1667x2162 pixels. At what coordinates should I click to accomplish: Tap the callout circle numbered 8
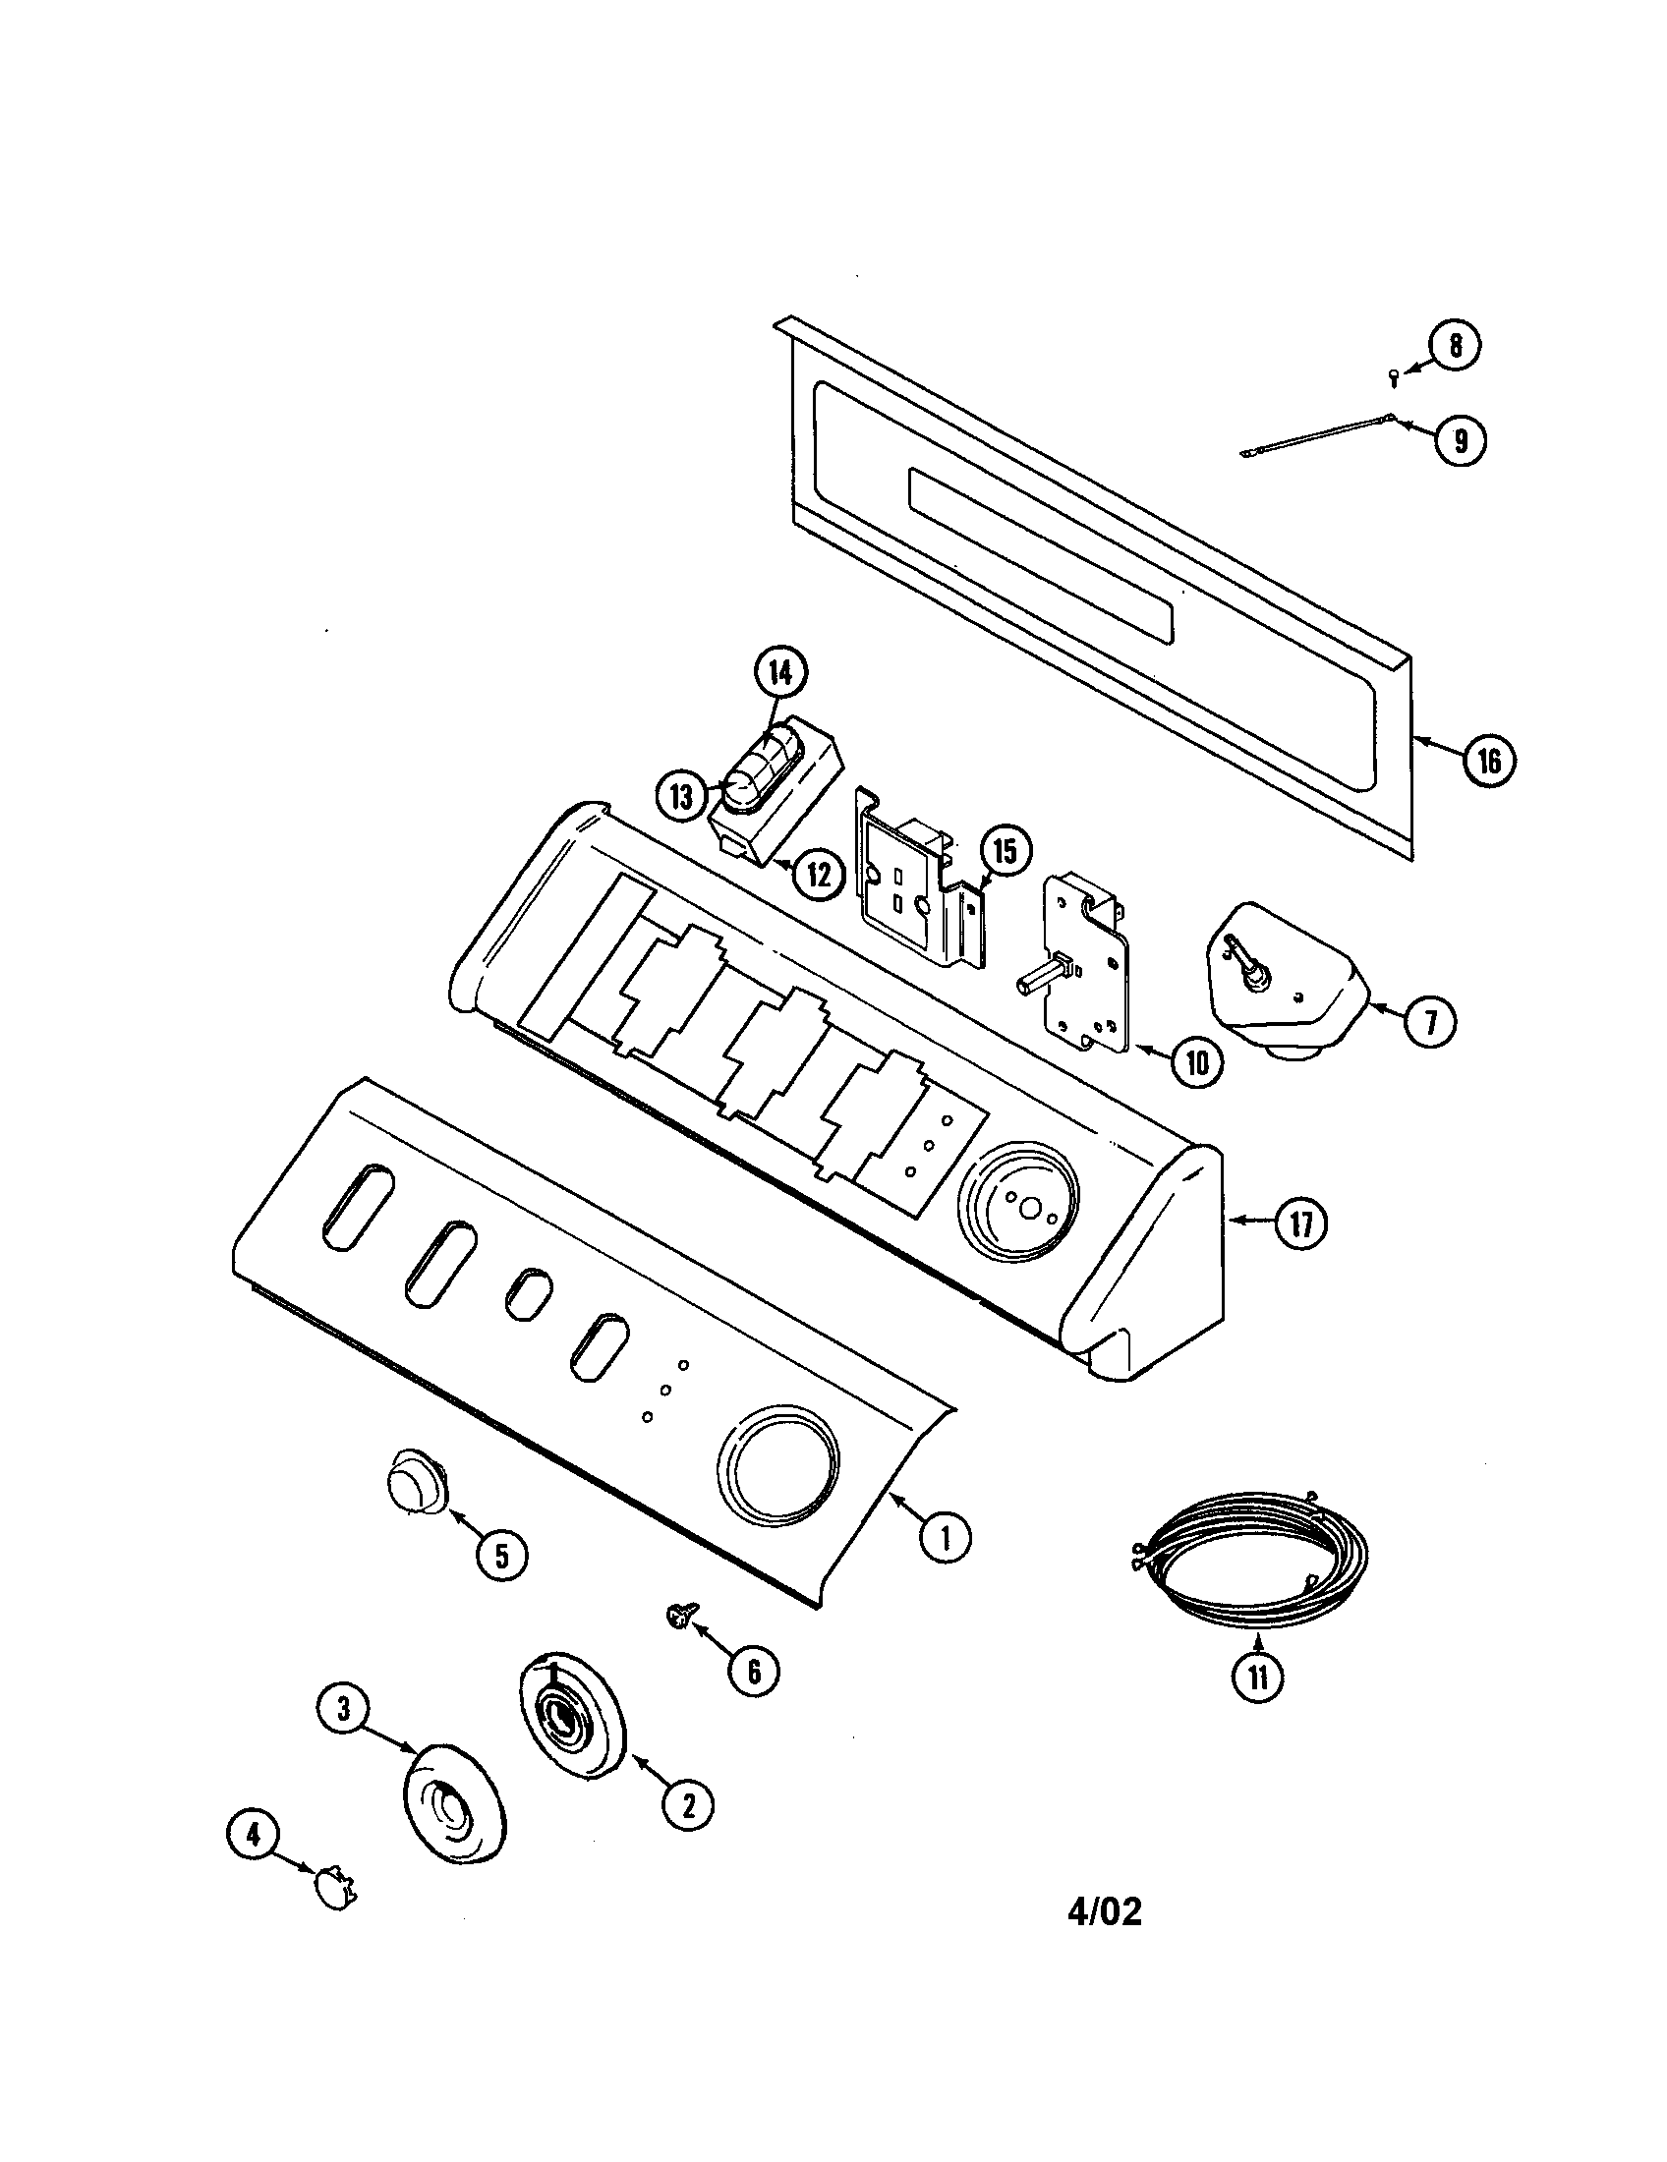[1454, 347]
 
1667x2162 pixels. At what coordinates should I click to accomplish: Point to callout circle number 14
[781, 673]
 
